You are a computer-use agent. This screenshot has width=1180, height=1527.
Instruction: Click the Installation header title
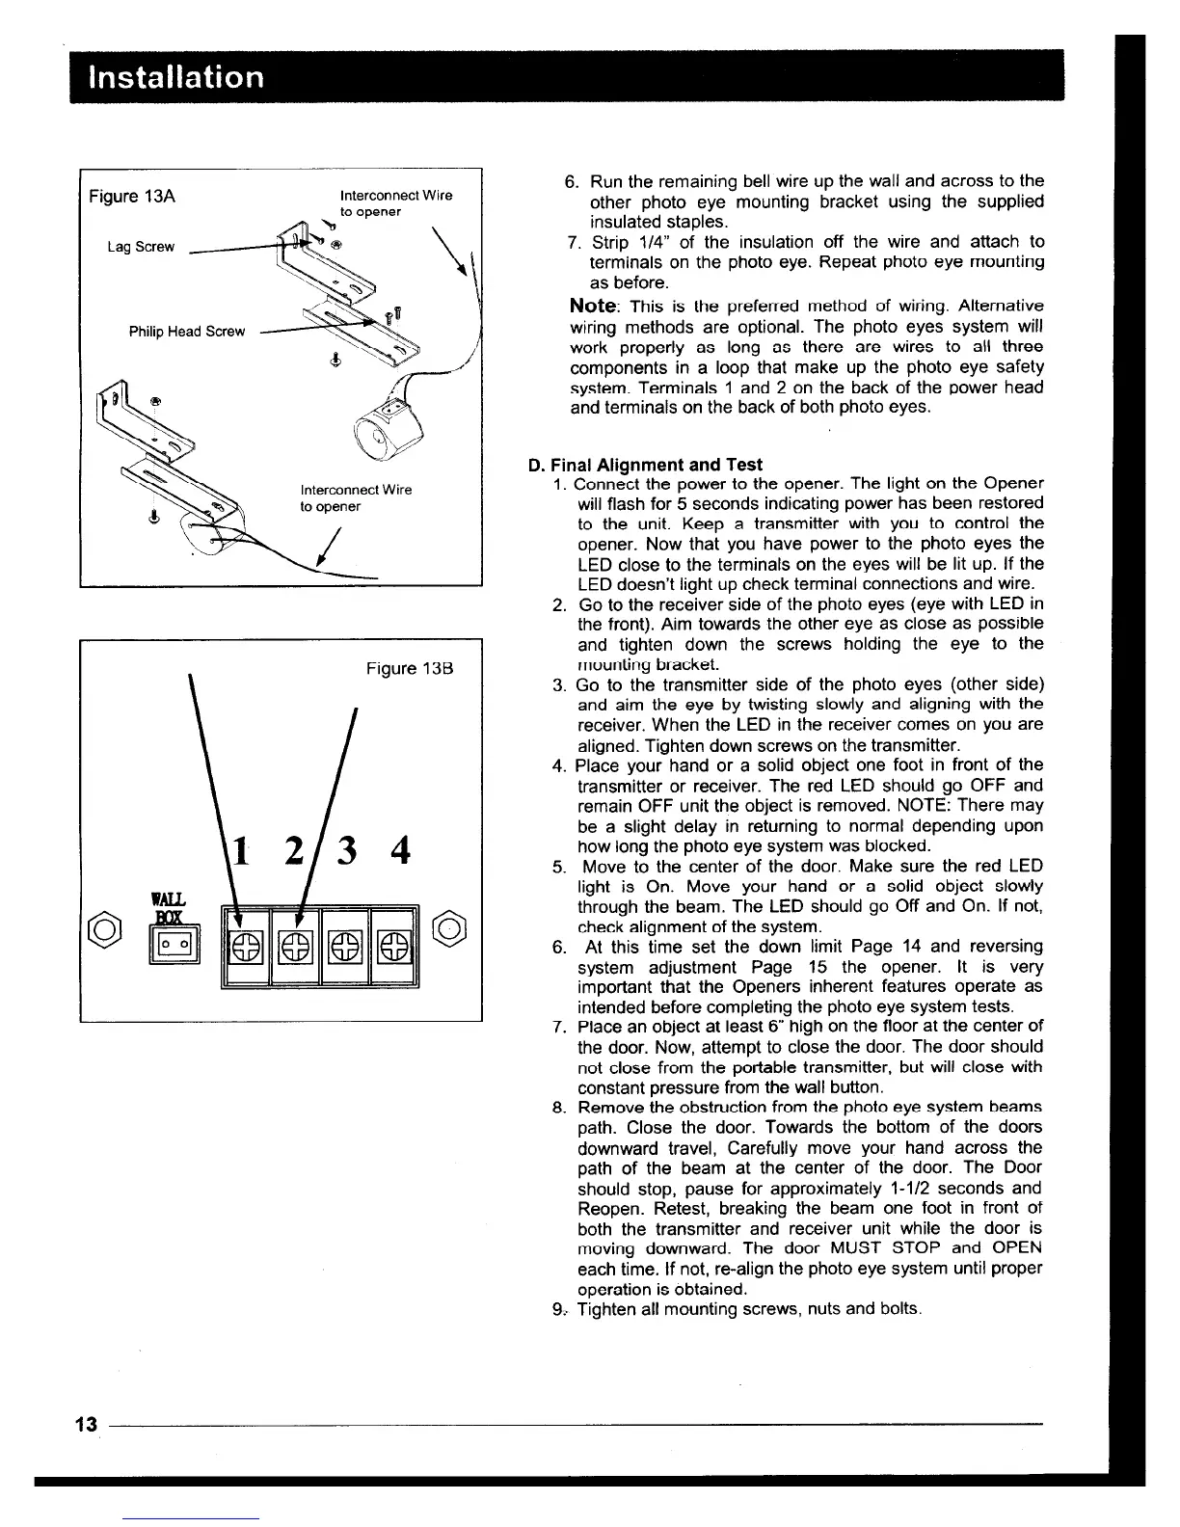[x=175, y=76]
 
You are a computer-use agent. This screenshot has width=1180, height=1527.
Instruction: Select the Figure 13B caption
[x=409, y=668]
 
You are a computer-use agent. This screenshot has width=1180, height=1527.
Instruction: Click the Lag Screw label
[x=141, y=247]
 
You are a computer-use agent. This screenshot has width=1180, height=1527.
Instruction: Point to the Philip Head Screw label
[x=187, y=332]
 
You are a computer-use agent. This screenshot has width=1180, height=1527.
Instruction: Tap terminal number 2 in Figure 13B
[x=297, y=851]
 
